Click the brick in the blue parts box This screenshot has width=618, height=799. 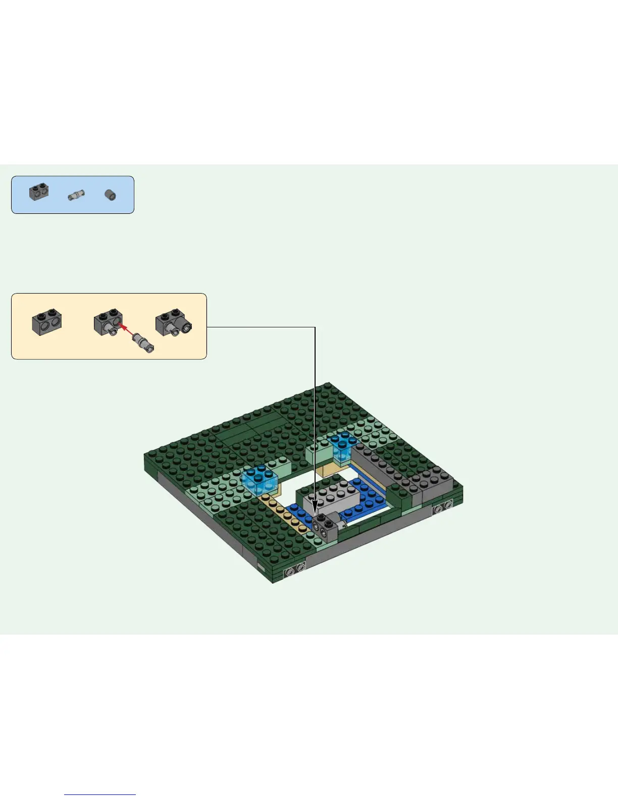(x=39, y=192)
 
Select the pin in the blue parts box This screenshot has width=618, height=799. (x=76, y=195)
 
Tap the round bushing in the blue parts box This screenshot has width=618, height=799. (x=110, y=195)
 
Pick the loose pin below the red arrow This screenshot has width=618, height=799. (x=143, y=345)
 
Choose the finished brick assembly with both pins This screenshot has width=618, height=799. (x=173, y=323)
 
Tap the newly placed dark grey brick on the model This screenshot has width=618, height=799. (x=325, y=527)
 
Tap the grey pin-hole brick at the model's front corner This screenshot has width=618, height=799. (x=295, y=570)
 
